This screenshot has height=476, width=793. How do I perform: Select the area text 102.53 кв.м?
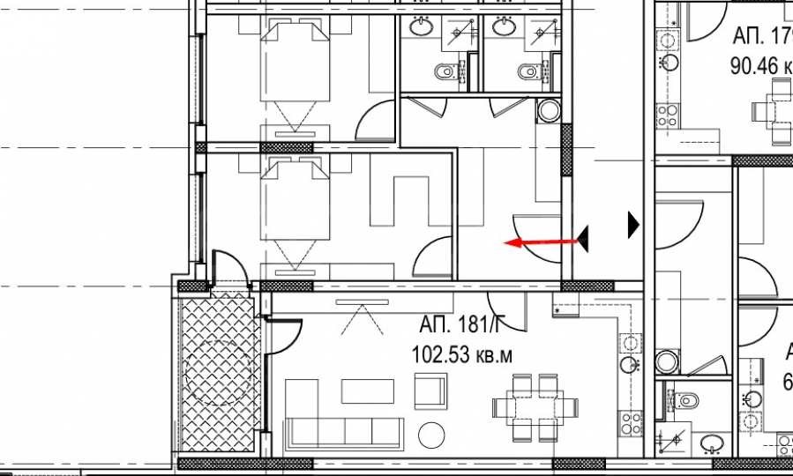pos(461,354)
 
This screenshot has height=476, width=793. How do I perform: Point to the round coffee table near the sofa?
pos(432,435)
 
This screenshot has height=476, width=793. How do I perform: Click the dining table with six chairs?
pos(535,407)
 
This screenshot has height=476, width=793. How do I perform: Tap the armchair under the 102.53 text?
pos(430,390)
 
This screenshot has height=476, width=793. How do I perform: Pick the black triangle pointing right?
pos(632,225)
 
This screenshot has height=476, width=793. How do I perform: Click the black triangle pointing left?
pos(583,238)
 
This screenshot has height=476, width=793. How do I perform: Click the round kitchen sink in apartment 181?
pos(629,364)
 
